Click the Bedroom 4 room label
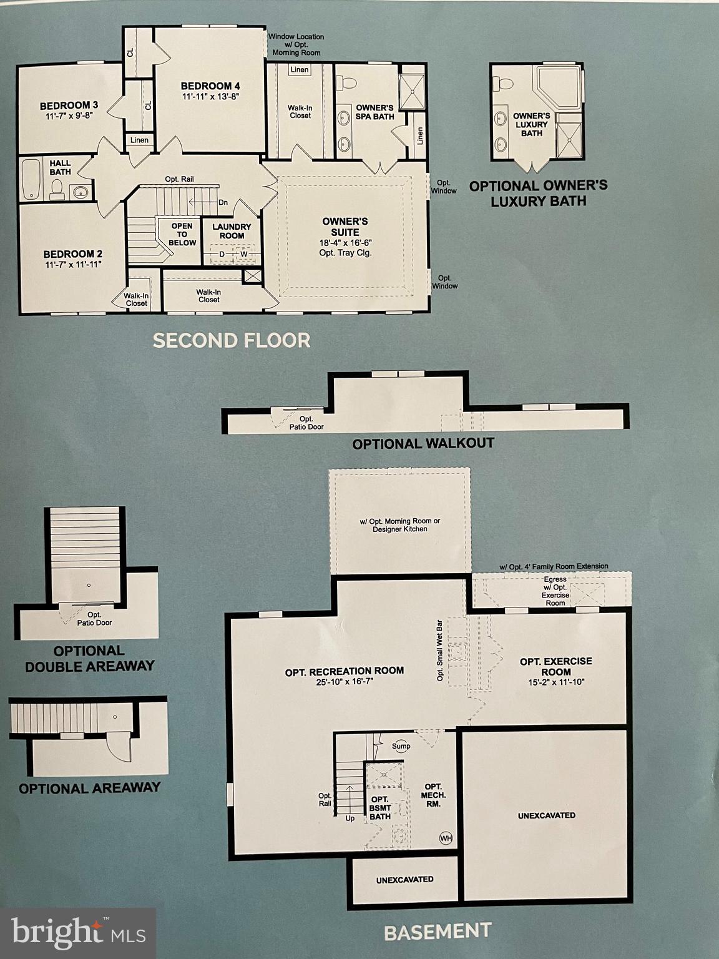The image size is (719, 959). [x=210, y=86]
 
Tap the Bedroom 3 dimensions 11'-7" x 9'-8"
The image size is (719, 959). [x=68, y=116]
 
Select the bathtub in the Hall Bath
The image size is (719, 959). [x=30, y=180]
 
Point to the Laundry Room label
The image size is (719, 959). [x=232, y=231]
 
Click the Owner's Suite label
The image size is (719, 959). [x=345, y=227]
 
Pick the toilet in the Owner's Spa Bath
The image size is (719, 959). [x=346, y=82]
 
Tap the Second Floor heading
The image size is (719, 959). [x=232, y=340]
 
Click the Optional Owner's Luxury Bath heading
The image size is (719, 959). [x=538, y=193]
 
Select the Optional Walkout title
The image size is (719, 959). [x=423, y=444]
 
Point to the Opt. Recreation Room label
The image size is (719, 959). [x=345, y=671]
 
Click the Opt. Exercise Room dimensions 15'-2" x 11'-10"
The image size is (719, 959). [x=556, y=682]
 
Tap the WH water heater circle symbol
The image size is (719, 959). [x=446, y=838]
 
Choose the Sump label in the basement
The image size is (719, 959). [x=401, y=746]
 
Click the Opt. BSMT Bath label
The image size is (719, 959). [x=379, y=807]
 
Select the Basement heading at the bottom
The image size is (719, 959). [x=438, y=932]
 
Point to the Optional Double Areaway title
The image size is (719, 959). [x=90, y=659]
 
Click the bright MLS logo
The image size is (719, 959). [x=78, y=933]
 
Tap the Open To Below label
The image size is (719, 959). [x=182, y=234]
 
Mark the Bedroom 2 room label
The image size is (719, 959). [x=73, y=254]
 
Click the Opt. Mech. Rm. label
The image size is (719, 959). [x=433, y=795]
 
